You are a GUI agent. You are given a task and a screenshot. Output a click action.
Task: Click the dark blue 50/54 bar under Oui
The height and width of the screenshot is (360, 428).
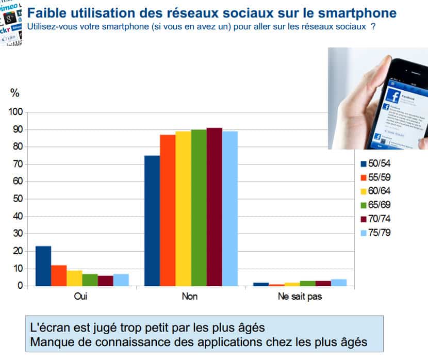[43, 266]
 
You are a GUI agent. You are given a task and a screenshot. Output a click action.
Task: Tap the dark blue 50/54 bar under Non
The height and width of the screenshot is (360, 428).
[152, 221]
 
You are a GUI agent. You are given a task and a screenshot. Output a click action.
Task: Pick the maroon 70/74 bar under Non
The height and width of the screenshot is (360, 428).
[214, 207]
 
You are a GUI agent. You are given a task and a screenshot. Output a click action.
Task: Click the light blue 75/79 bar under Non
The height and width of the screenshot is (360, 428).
[229, 208]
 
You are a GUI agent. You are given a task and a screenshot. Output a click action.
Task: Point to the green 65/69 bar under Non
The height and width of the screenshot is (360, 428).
[199, 207]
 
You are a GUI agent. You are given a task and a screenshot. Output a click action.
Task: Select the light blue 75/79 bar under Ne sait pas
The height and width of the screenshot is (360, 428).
[338, 282]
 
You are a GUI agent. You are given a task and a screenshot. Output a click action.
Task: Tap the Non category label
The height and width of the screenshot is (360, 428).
[190, 297]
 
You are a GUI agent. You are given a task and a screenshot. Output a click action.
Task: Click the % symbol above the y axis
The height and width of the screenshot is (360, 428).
[15, 93]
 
